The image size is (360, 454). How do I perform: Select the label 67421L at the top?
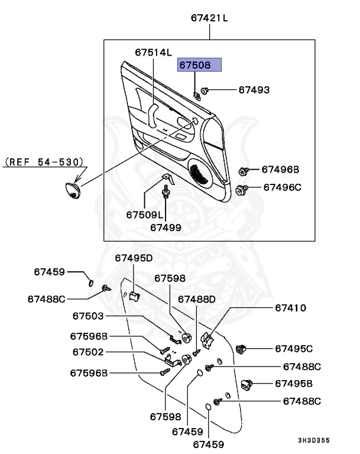[209, 18]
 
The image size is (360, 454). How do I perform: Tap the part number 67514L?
[153, 52]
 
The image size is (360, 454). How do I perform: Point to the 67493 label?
[254, 90]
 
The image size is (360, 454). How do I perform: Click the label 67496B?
[281, 170]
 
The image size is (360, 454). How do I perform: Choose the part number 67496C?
[282, 187]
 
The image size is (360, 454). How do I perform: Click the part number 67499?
[166, 226]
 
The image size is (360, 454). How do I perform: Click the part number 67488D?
[197, 299]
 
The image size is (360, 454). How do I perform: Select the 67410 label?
[290, 308]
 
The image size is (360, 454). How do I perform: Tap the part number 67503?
[88, 316]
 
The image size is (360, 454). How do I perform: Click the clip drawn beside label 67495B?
[248, 384]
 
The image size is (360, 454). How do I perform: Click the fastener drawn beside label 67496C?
[241, 189]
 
